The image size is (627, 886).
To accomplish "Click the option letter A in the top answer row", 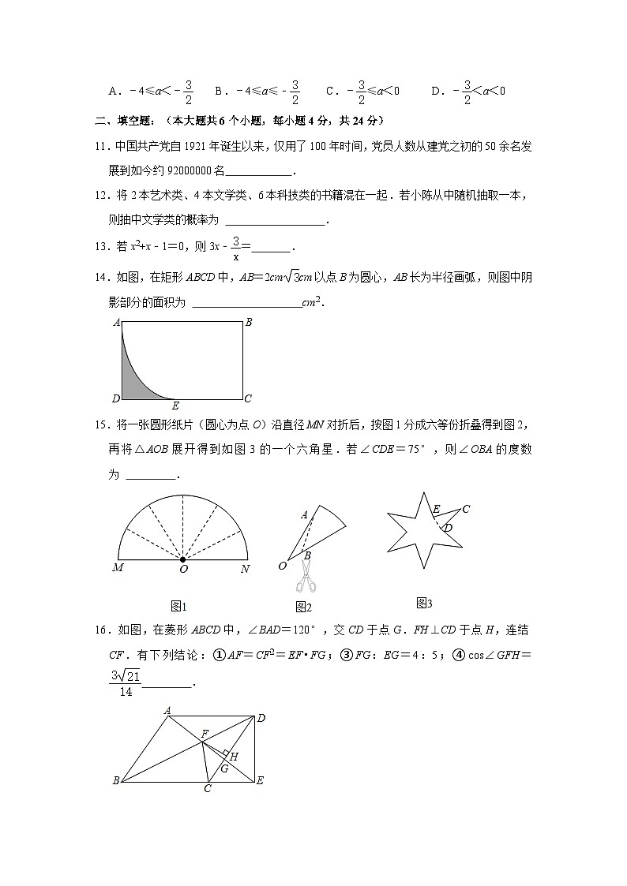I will pyautogui.click(x=114, y=92).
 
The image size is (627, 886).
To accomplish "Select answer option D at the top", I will pyautogui.click(x=435, y=92).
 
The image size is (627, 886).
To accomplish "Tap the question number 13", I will pyautogui.click(x=101, y=246).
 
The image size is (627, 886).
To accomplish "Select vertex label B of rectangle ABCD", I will pyautogui.click(x=249, y=322).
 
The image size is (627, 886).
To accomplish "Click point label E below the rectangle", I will pyautogui.click(x=175, y=406).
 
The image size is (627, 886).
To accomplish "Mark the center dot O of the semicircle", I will pyautogui.click(x=183, y=559).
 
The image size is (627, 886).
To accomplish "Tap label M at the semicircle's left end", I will pyautogui.click(x=118, y=568).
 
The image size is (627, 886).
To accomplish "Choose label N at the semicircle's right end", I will pyautogui.click(x=246, y=568).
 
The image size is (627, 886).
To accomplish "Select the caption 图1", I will pyautogui.click(x=178, y=606).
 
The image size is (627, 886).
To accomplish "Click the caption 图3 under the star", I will pyautogui.click(x=424, y=604).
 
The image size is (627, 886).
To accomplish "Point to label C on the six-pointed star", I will pyautogui.click(x=466, y=509).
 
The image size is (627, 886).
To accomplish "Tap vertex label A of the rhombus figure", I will pyautogui.click(x=167, y=710).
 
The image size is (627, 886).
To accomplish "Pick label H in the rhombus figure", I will pyautogui.click(x=234, y=756).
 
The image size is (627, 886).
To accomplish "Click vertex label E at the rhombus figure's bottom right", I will pyautogui.click(x=260, y=781).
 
